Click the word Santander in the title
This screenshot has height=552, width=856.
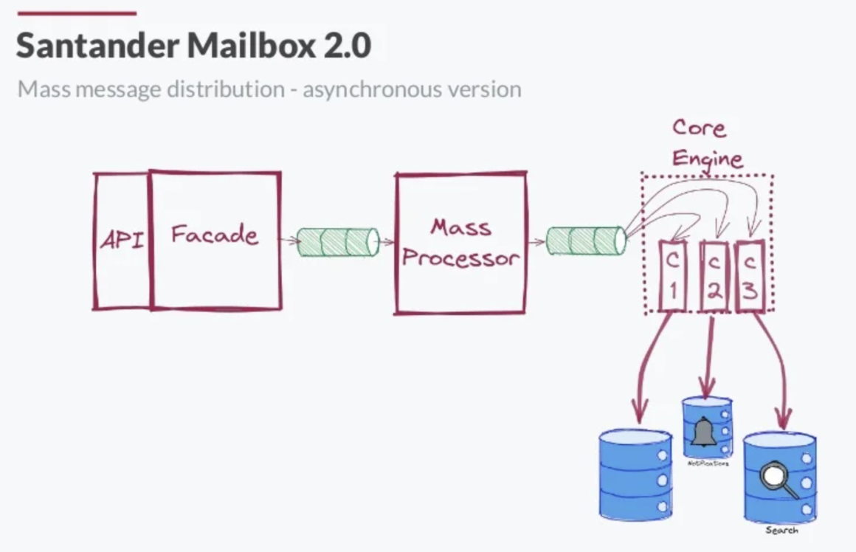tap(97, 46)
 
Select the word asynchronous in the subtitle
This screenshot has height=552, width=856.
tap(377, 89)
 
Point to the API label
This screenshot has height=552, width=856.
tap(121, 240)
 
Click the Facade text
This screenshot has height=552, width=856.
tap(215, 235)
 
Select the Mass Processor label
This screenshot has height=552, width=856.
tap(460, 243)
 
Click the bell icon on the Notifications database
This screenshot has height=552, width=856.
tap(704, 432)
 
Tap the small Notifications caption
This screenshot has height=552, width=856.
tap(706, 464)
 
